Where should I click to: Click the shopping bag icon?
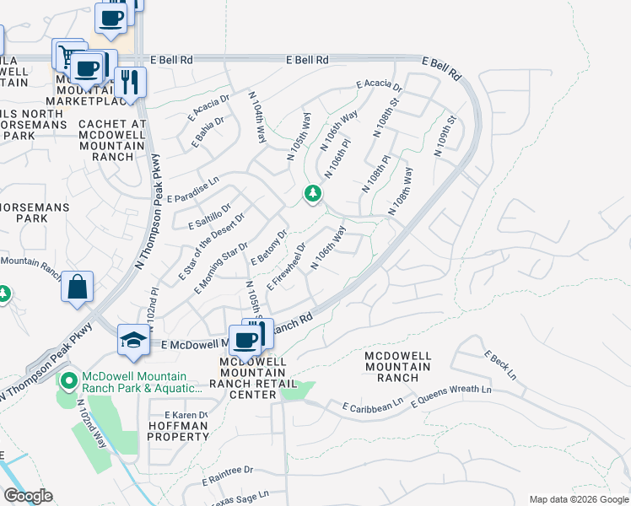click(77, 287)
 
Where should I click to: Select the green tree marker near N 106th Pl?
click(313, 195)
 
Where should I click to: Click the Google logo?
click(28, 496)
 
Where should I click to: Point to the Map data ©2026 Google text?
click(578, 498)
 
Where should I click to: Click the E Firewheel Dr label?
click(287, 267)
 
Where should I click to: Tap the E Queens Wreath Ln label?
click(450, 396)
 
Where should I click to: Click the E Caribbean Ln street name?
click(373, 407)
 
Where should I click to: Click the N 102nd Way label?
click(92, 423)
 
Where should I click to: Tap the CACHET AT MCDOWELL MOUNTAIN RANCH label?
click(112, 140)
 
